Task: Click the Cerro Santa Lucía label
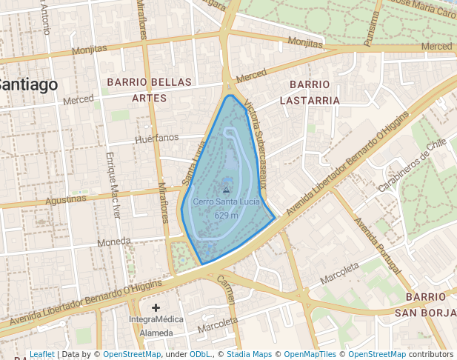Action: tap(226, 201)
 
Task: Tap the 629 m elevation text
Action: tap(226, 215)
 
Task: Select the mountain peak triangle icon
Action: tap(227, 190)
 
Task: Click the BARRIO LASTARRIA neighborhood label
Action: tap(315, 93)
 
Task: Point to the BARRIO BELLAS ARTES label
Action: tap(149, 90)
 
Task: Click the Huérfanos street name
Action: tap(158, 138)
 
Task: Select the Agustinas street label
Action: tap(66, 200)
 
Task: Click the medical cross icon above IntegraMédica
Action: tap(156, 307)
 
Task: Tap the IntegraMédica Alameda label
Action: tap(156, 327)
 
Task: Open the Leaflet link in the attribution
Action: tap(42, 355)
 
